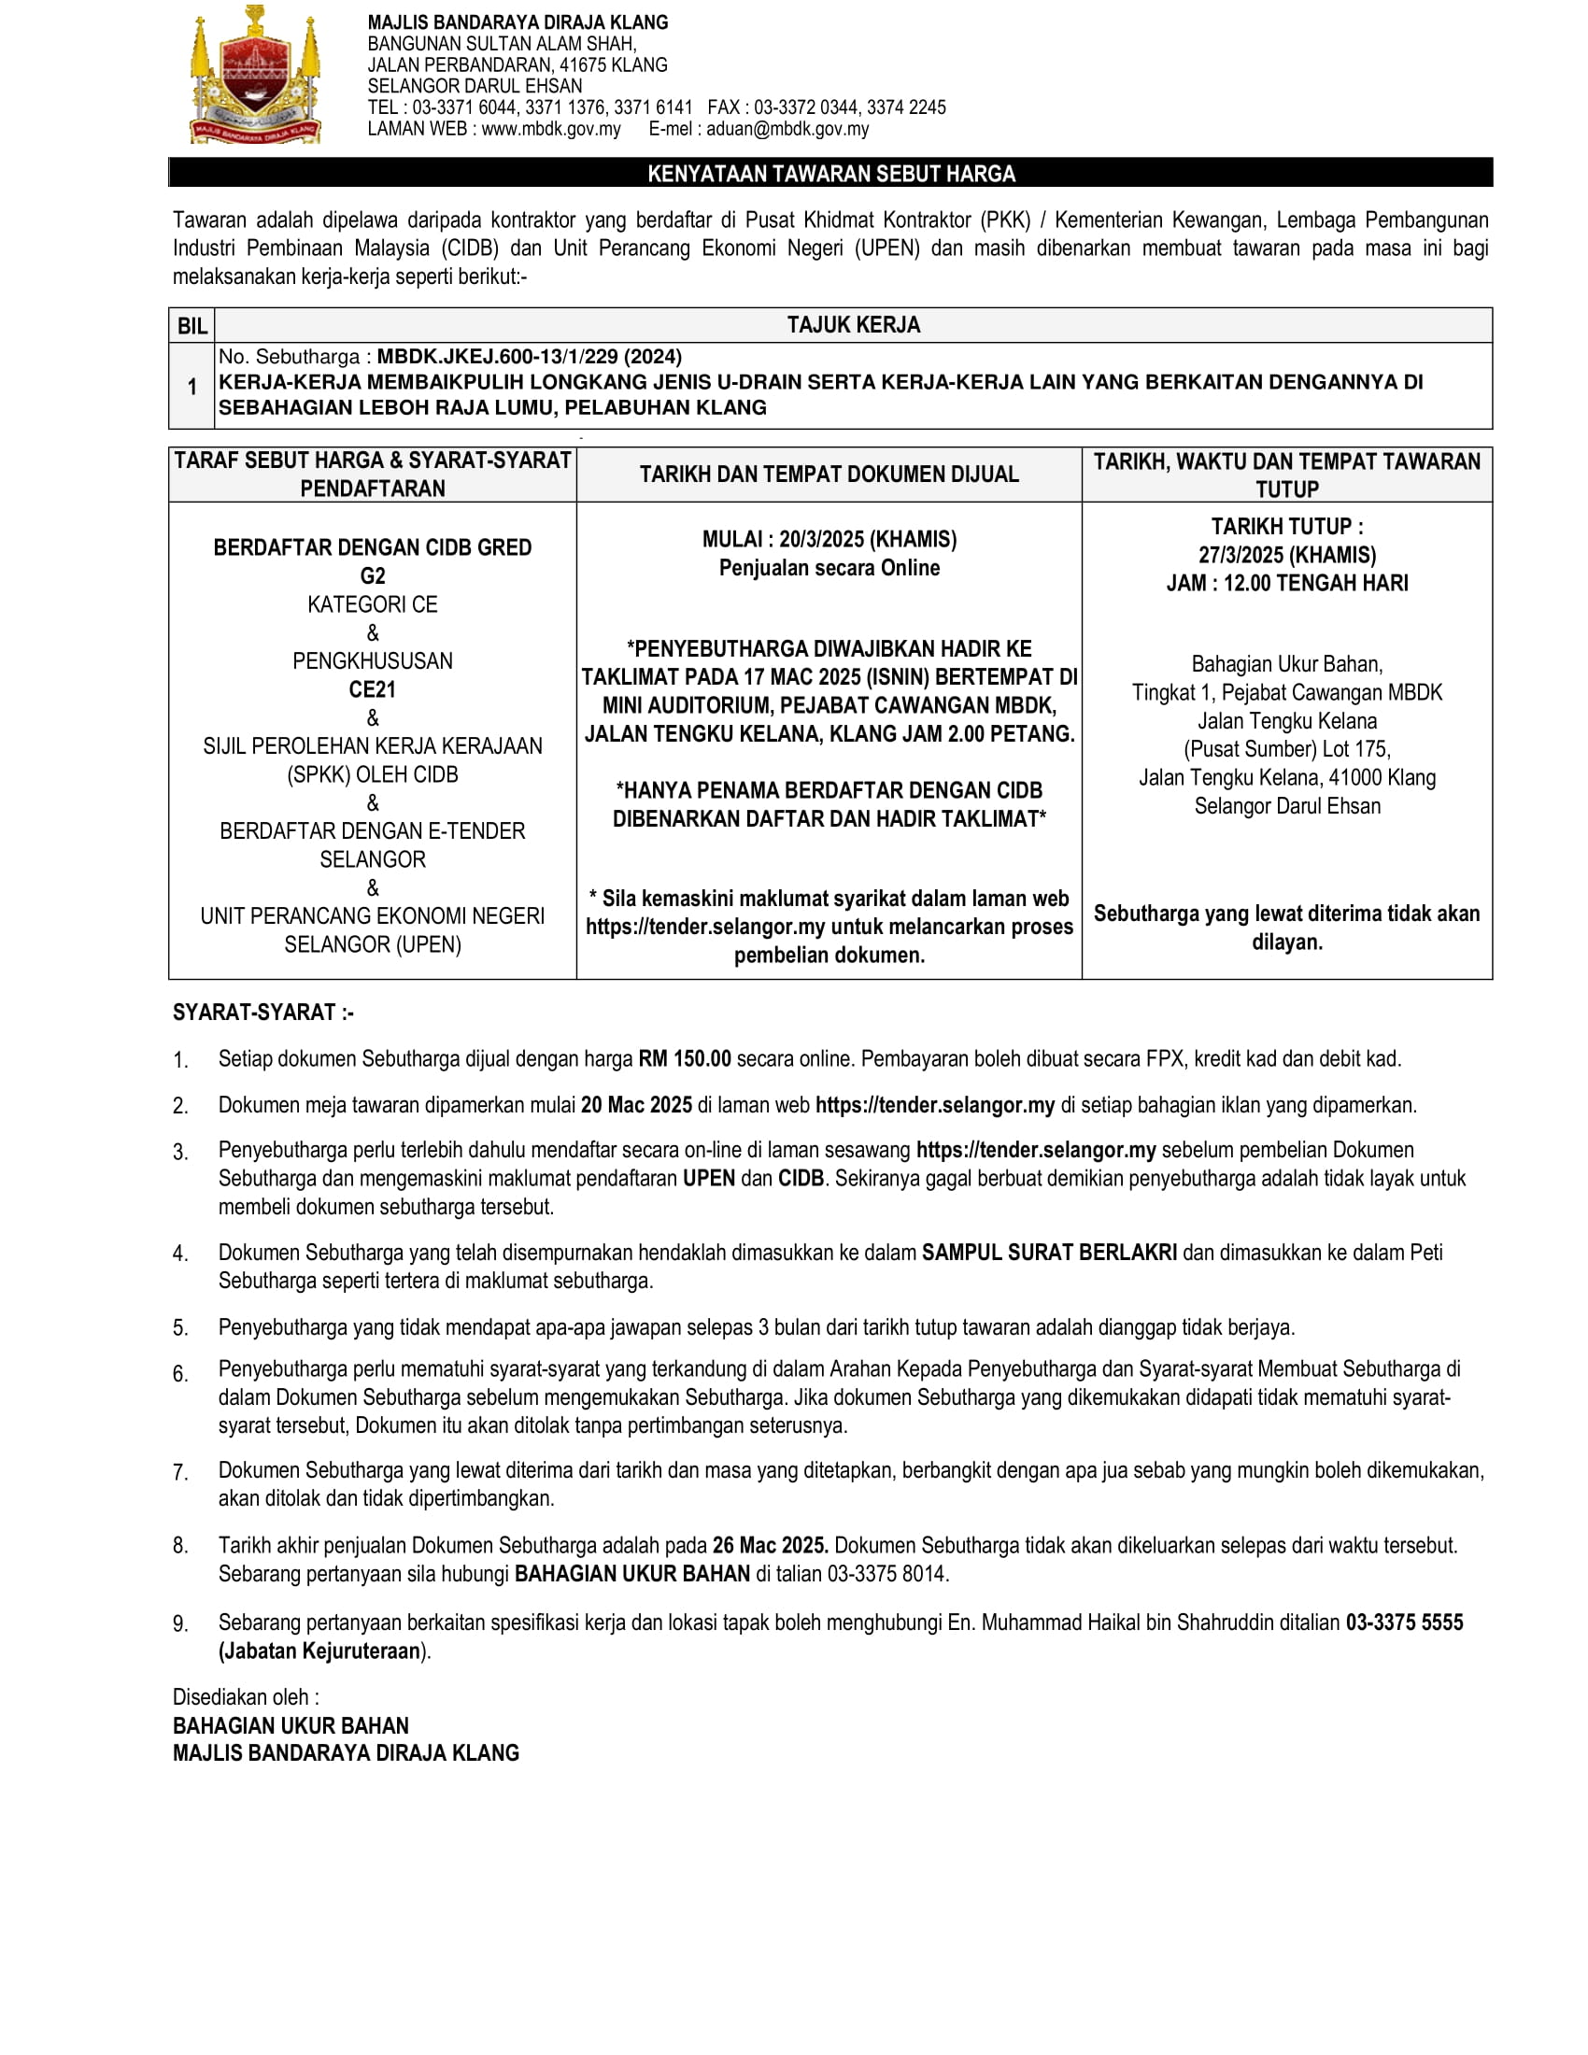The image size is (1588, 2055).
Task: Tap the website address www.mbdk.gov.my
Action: point(550,129)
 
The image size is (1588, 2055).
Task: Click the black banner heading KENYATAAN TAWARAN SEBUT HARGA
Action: point(830,173)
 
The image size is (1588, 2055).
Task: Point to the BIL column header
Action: point(191,326)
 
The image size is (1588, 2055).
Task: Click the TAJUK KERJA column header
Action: point(853,325)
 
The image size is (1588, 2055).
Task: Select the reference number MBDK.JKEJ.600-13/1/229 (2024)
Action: point(529,357)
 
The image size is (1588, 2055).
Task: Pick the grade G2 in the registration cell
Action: point(373,575)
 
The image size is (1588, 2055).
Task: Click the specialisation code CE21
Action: point(373,689)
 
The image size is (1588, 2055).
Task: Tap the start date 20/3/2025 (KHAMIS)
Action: point(868,539)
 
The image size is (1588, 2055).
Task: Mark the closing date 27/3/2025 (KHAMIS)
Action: point(1286,555)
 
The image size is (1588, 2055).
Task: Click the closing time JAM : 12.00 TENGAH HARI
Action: point(1286,584)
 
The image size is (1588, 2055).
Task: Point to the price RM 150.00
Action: point(684,1058)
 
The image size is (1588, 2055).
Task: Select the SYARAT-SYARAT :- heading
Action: point(262,1013)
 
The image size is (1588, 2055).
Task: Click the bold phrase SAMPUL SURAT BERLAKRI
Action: point(1049,1253)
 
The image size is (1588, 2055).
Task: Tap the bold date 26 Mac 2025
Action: point(770,1545)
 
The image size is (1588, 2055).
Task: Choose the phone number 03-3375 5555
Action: point(1404,1623)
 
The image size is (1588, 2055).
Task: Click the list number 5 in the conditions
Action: point(179,1327)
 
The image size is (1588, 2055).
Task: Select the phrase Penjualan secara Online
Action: point(829,567)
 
